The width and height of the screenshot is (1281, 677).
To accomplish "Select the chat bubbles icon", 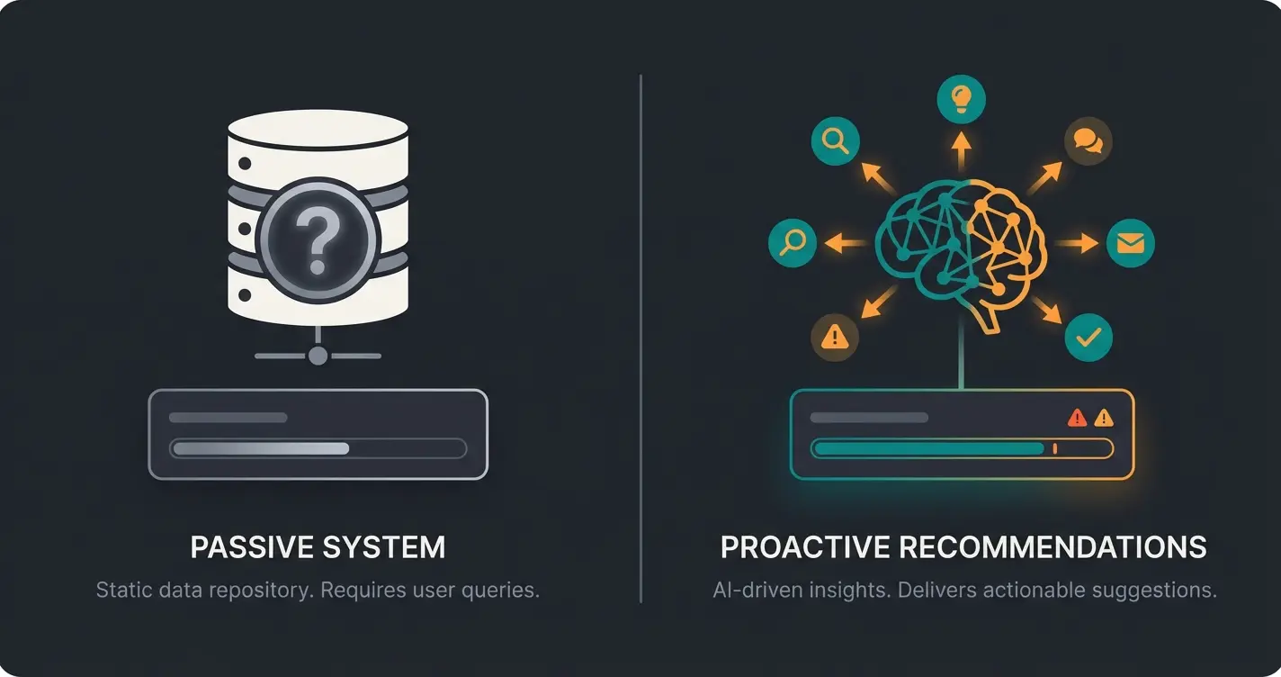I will click(x=1088, y=140).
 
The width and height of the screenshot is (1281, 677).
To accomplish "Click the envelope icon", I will click(x=1130, y=243).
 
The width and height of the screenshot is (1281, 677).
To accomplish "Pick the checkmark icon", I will click(x=1088, y=338).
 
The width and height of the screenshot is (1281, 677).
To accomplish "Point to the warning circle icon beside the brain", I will click(x=835, y=338).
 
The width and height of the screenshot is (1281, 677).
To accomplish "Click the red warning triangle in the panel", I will click(x=1077, y=418).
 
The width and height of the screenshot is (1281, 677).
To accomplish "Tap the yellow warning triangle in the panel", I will click(x=1103, y=418).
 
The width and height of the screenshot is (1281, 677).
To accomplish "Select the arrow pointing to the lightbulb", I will click(x=961, y=149).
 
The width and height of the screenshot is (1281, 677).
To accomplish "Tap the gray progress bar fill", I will click(x=261, y=448).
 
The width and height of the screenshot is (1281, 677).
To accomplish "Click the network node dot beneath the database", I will click(x=318, y=356).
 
